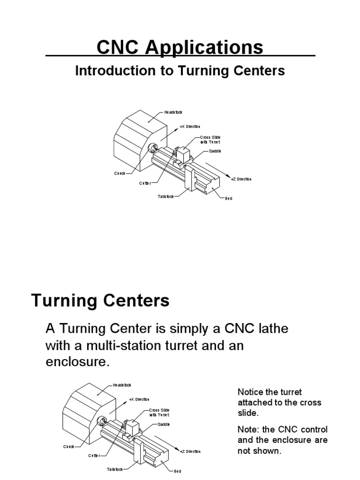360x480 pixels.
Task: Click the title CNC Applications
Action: click(180, 47)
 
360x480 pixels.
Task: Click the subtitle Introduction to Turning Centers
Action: click(180, 71)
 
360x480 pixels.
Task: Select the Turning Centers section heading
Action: click(100, 300)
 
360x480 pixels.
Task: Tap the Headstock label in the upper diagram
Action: click(173, 112)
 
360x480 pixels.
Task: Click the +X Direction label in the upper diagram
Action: click(190, 127)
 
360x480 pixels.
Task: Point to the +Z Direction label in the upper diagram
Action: click(241, 179)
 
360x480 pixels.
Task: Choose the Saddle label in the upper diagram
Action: click(215, 151)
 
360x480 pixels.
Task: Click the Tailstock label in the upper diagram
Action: click(165, 196)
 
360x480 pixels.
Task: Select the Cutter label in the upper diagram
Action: click(144, 183)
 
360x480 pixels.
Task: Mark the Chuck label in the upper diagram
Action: click(120, 173)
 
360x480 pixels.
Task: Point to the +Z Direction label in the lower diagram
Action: click(190, 451)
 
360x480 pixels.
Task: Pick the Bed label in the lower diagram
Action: click(177, 471)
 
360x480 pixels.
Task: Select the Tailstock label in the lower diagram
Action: click(114, 469)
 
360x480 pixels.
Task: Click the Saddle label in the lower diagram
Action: click(164, 424)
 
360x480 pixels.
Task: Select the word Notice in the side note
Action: click(250, 392)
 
